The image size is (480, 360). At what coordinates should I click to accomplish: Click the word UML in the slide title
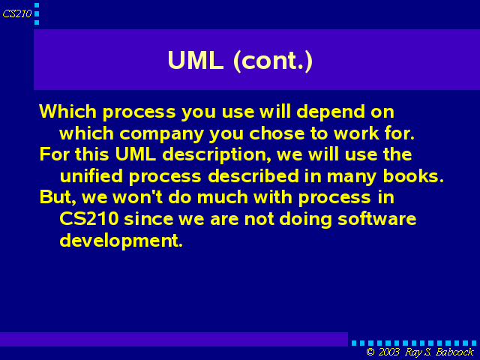point(195,60)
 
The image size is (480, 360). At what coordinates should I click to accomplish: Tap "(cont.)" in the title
point(273,61)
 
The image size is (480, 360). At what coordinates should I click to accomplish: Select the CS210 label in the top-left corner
point(17,13)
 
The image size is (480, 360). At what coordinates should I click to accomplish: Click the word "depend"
point(331,112)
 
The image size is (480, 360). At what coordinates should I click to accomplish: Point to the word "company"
point(161,133)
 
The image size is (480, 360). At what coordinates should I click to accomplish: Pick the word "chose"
point(277,133)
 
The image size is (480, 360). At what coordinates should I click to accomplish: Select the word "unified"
point(91,176)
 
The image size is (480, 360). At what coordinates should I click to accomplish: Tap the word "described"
point(253,176)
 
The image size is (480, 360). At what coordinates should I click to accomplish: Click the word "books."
point(413,176)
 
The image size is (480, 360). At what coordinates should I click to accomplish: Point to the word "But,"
point(58,197)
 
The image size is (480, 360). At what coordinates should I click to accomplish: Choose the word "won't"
point(138,197)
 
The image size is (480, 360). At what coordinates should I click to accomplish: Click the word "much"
point(223,197)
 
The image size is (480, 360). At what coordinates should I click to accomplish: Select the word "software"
point(376,219)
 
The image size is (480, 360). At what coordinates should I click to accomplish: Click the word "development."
point(121,241)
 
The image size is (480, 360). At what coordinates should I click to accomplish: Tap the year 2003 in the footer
point(388,352)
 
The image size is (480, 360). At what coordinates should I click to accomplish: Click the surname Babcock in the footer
point(454,352)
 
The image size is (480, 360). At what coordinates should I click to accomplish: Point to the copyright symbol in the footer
point(370,352)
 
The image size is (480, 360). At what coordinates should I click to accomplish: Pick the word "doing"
point(305,220)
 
